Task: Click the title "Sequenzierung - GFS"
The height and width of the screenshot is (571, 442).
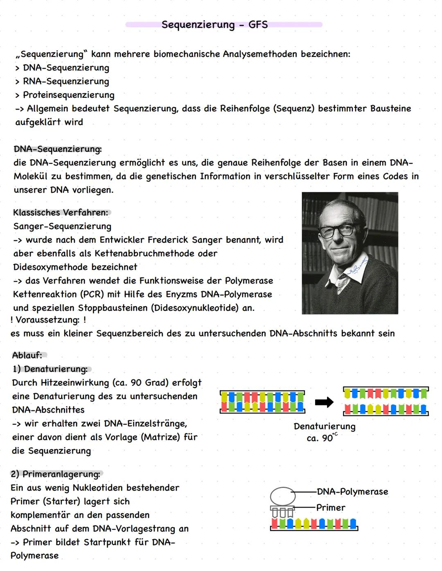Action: pos(214,25)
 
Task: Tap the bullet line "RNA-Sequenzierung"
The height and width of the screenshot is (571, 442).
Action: pos(65,81)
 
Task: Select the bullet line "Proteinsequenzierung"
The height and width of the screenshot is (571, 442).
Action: pos(68,95)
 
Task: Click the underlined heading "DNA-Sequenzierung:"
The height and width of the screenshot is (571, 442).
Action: pos(58,149)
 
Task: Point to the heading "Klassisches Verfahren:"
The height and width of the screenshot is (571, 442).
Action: pos(61,212)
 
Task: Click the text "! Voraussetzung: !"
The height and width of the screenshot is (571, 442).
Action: pos(48,320)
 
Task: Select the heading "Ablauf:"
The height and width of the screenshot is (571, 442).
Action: pos(27,355)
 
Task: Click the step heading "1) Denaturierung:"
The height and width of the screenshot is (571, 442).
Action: pos(50,369)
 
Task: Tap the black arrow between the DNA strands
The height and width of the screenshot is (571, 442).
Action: pos(324,402)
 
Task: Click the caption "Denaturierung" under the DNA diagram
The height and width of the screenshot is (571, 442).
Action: pos(325,426)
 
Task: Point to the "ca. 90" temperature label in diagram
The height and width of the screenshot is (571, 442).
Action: pos(321,438)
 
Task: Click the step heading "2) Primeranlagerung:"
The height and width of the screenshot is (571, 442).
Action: pos(55,474)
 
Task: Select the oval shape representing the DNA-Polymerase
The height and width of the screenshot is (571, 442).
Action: pos(283,496)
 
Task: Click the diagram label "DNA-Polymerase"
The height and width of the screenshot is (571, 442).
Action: pos(352,492)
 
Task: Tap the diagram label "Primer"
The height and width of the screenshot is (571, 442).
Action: pos(331,508)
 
